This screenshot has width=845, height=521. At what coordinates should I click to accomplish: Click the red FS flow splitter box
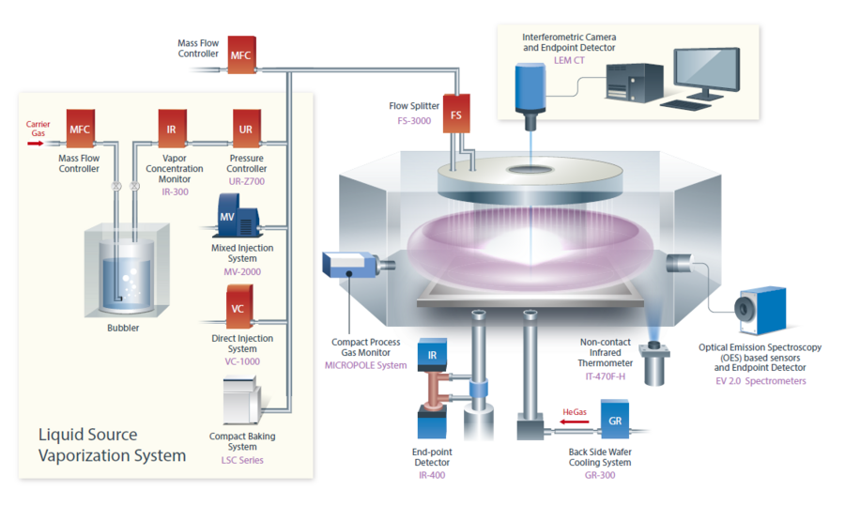point(456,114)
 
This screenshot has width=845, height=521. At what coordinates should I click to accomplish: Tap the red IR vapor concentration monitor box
point(171,128)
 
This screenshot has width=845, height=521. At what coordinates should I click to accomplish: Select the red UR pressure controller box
point(246,128)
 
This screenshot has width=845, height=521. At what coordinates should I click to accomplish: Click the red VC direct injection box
point(238,309)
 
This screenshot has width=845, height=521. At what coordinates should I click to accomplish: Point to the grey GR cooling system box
point(615,420)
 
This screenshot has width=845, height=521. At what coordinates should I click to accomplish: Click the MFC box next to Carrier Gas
point(80,128)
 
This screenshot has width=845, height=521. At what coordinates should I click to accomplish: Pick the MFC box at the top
point(242,55)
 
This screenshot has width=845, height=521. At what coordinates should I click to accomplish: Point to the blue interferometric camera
point(530,89)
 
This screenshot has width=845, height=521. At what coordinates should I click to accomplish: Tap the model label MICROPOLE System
point(365,364)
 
